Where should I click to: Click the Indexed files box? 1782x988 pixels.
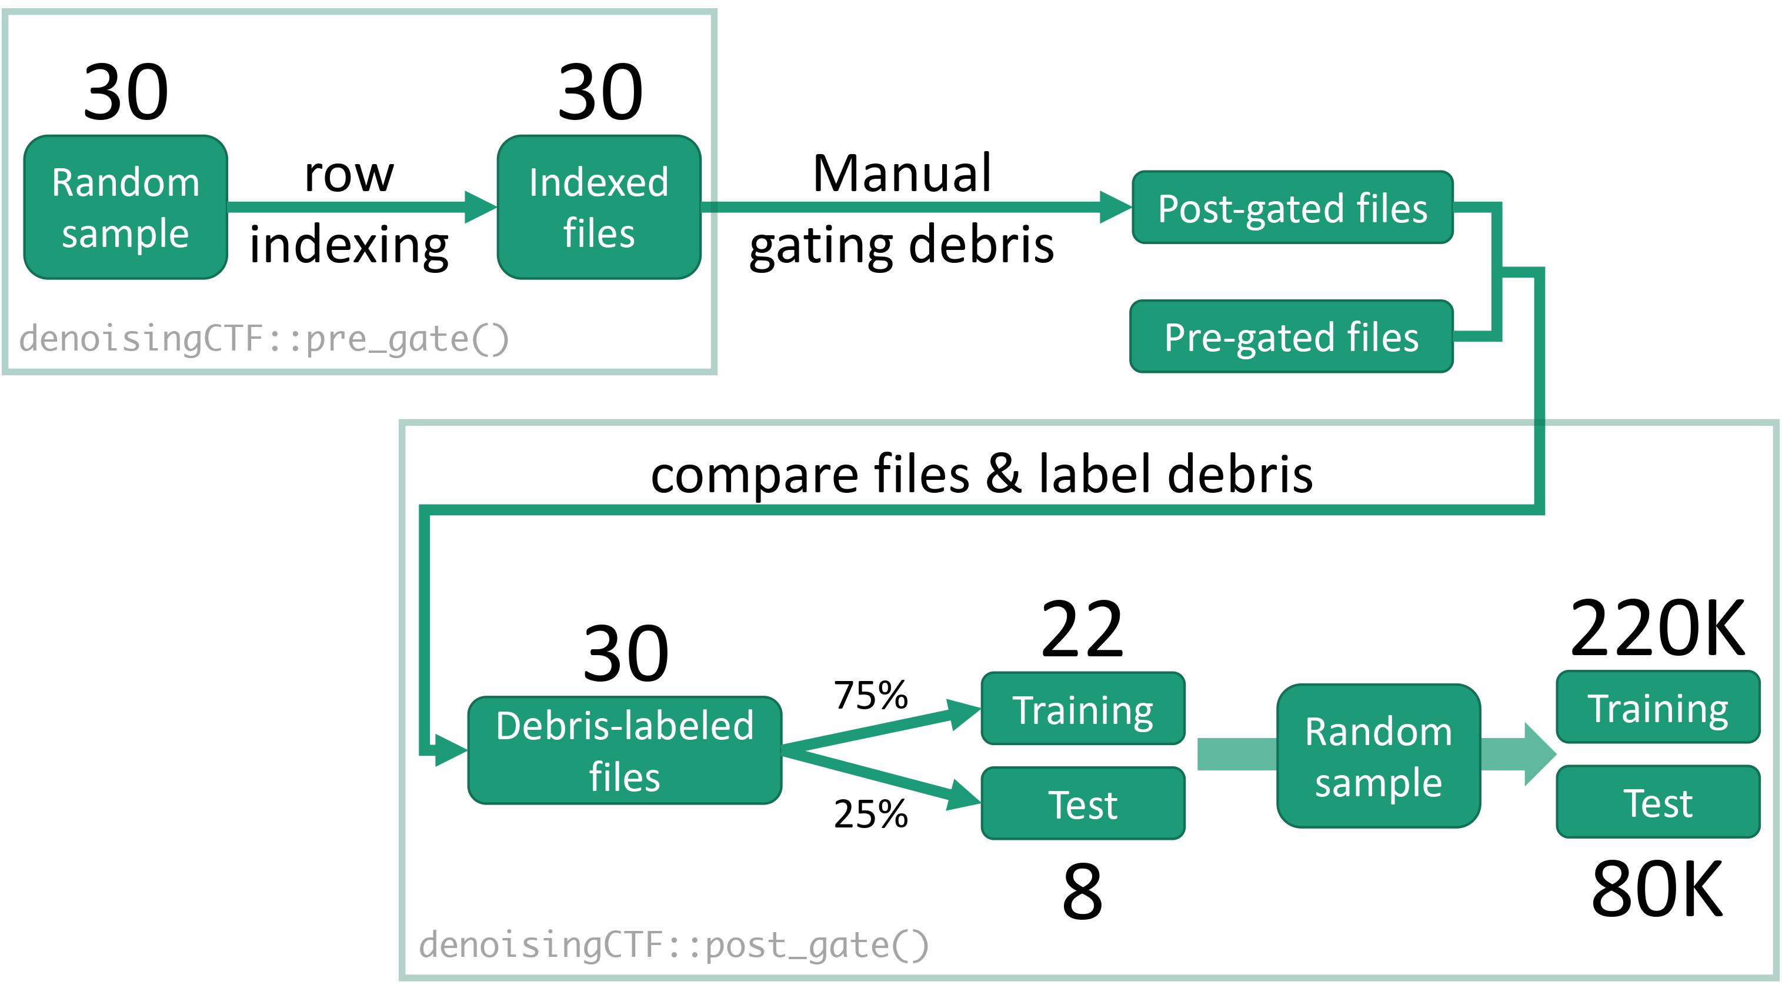(x=599, y=207)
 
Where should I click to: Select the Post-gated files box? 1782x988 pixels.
(x=1292, y=208)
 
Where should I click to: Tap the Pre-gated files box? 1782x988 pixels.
(x=1291, y=336)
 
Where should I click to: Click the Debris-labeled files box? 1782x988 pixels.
(x=625, y=750)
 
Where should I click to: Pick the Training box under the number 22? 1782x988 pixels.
(x=1083, y=709)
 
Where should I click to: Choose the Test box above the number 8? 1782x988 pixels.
(x=1083, y=803)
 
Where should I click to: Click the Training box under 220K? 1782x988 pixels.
(x=1657, y=707)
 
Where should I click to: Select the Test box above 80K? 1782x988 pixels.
(x=1657, y=802)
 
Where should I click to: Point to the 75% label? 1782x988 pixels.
(x=870, y=695)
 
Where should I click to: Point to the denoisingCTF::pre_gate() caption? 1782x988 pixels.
(x=264, y=339)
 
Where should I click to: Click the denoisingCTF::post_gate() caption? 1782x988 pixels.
(x=674, y=945)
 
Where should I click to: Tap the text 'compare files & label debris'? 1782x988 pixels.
(x=982, y=474)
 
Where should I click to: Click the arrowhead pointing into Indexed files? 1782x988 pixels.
(x=480, y=207)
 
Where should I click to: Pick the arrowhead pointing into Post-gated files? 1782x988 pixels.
(x=1116, y=207)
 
